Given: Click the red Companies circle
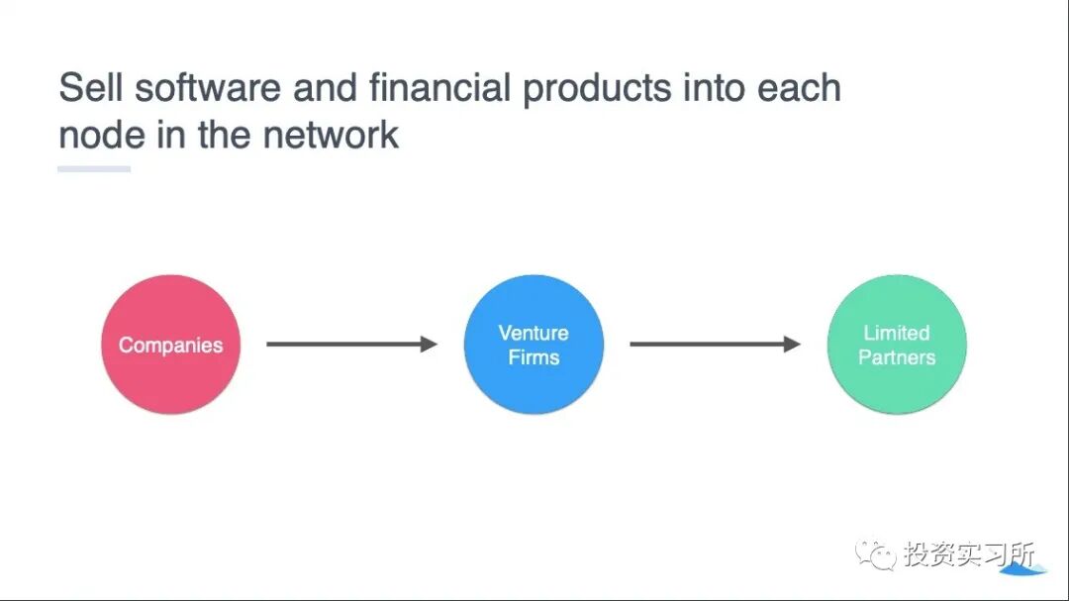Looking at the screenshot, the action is (170, 345).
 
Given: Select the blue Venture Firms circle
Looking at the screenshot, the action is (534, 345).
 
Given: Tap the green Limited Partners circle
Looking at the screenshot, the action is (896, 345).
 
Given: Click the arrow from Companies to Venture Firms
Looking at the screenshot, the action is (351, 345).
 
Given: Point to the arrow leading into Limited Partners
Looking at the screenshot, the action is (715, 345).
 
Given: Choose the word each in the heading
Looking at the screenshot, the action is (799, 88).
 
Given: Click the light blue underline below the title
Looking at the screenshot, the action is (94, 169).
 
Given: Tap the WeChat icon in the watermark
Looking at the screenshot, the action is (876, 555).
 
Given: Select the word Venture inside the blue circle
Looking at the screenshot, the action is (534, 333).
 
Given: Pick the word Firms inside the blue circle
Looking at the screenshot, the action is (534, 357).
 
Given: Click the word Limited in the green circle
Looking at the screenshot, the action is (896, 333).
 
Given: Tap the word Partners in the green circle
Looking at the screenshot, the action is (896, 357).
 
